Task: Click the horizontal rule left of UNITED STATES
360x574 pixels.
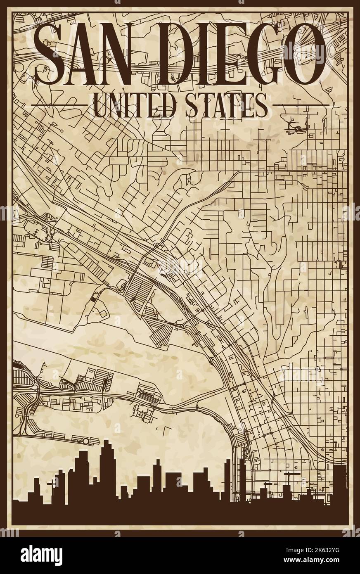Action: tap(60, 105)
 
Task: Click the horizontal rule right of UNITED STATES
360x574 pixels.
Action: tap(301, 105)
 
